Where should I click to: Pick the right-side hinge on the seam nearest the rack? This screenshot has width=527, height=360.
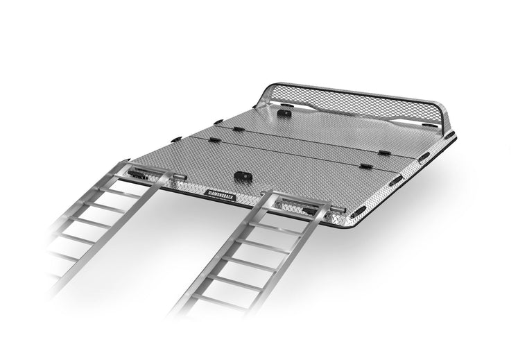coord(383,151)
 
